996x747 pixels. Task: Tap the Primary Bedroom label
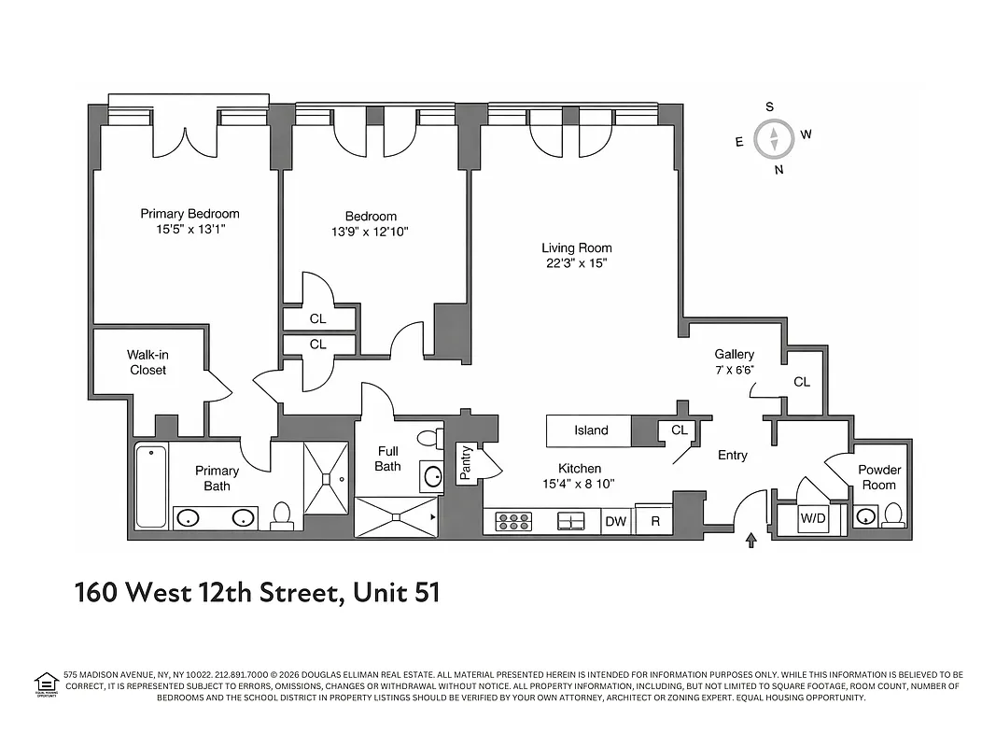189,214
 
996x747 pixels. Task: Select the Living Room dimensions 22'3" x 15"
577,263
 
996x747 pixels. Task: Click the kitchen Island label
591,430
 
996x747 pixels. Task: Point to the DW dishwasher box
615,522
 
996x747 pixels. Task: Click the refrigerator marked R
655,522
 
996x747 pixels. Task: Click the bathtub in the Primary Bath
151,486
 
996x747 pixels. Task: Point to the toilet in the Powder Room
893,514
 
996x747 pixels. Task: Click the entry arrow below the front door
751,542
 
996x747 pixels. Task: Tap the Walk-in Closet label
148,362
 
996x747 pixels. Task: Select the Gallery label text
734,354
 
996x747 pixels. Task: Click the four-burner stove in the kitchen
512,522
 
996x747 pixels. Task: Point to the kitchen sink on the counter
570,521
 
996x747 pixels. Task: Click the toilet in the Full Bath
430,438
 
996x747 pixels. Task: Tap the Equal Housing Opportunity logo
47,684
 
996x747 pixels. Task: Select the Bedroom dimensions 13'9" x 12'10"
371,232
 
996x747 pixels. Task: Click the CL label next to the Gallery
801,382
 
